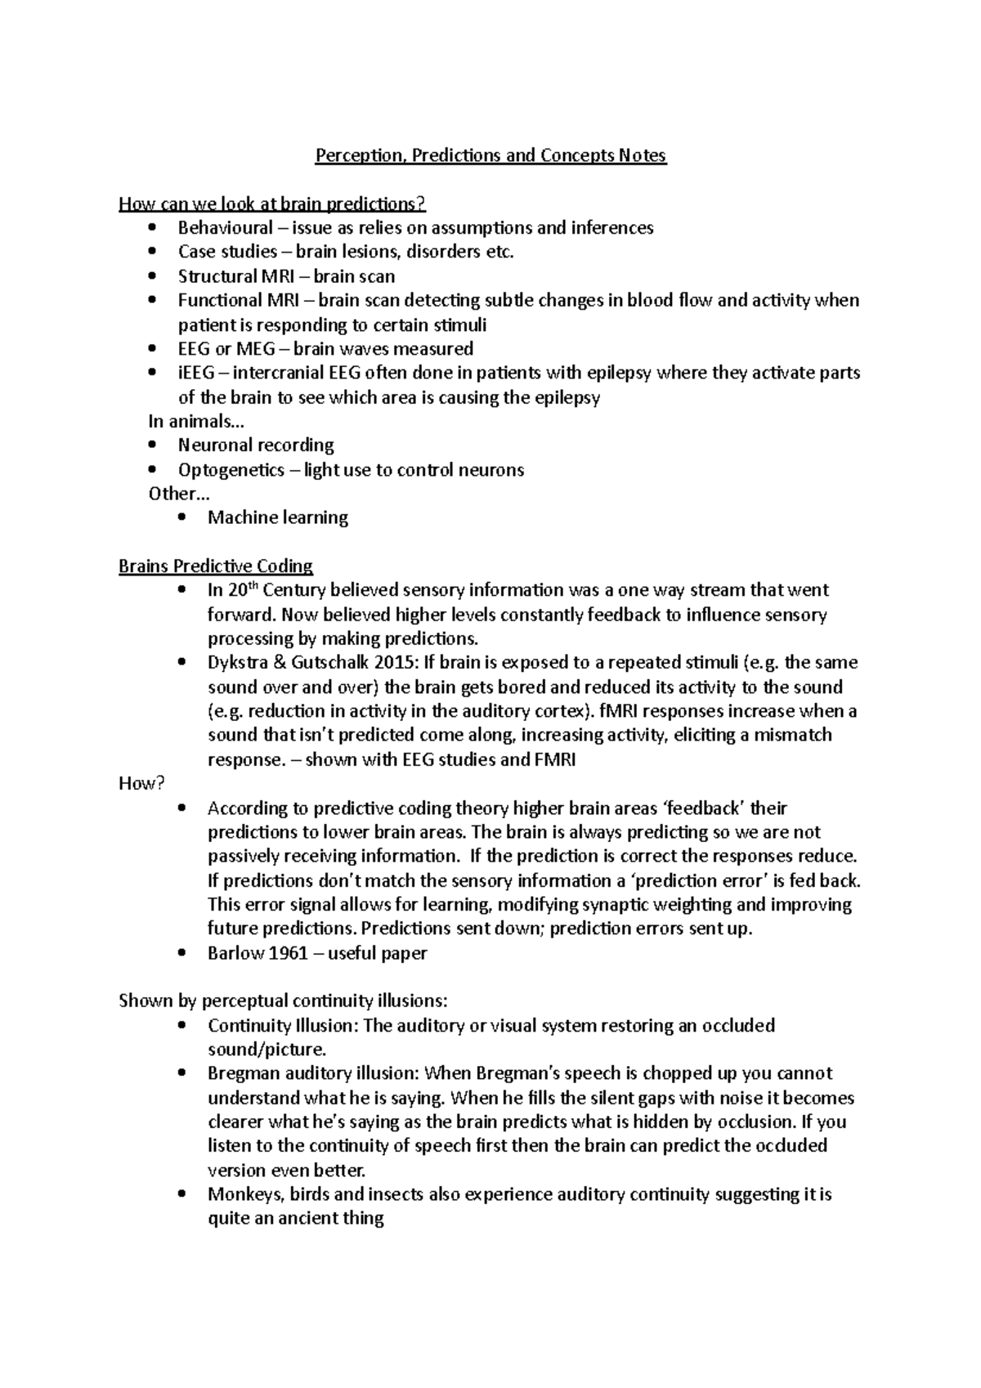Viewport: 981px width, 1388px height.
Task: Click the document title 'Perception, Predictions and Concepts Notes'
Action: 490,155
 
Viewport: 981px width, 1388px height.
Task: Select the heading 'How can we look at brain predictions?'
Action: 272,204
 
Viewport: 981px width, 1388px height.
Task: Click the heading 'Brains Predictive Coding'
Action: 216,566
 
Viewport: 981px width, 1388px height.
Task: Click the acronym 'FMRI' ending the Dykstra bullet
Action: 555,759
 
